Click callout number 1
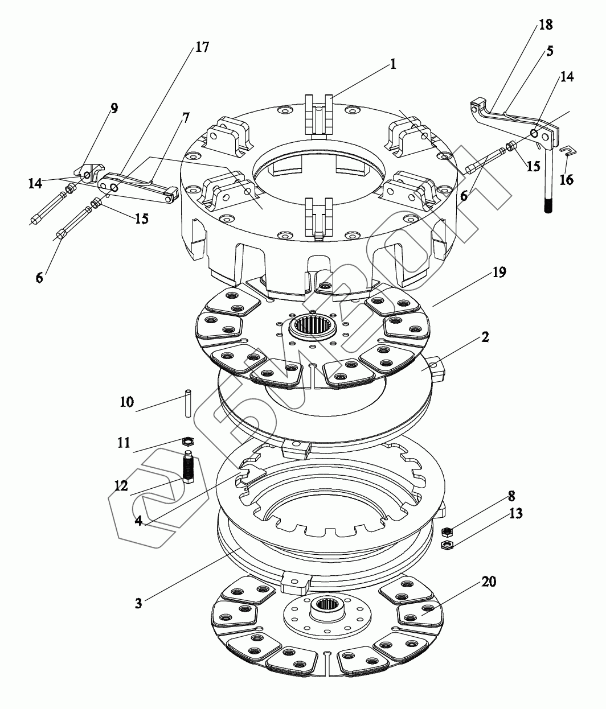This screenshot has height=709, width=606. (x=392, y=64)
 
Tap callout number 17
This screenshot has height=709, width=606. (x=202, y=47)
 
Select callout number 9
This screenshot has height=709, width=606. (x=114, y=109)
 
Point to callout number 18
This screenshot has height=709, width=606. (x=546, y=24)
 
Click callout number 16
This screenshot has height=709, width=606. (x=566, y=180)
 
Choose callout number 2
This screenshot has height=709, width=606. (x=484, y=337)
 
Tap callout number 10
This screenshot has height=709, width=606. (x=126, y=402)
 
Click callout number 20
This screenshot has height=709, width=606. (x=489, y=582)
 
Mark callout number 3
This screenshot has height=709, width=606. (x=139, y=602)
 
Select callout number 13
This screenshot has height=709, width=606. (x=516, y=513)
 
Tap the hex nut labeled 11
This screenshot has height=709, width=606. (x=189, y=440)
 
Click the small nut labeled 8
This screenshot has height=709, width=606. (x=447, y=531)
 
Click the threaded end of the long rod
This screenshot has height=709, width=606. (x=548, y=204)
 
